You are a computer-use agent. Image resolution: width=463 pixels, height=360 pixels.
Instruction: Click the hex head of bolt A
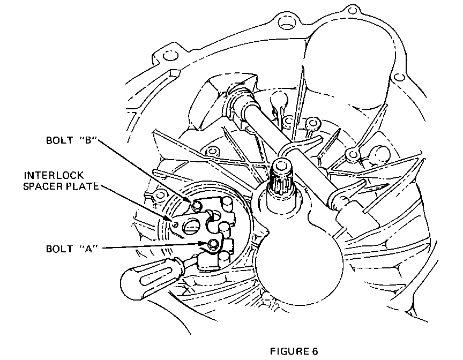213,244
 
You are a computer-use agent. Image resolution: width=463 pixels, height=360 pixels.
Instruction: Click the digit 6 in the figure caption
315,351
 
